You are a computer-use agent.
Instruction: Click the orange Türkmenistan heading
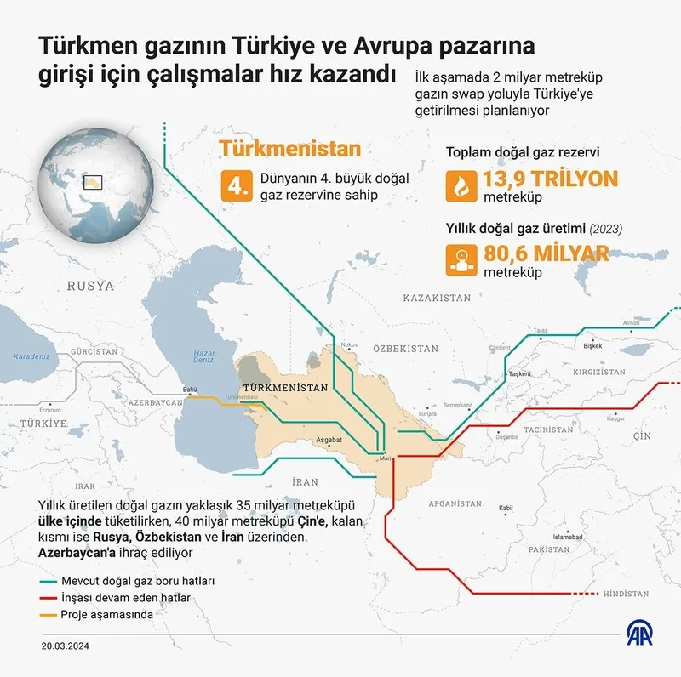[x=290, y=148]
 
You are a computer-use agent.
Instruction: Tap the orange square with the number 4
[x=236, y=186]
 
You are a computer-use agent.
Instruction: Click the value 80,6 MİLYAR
[x=546, y=253]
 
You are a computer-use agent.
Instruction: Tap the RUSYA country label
[x=90, y=286]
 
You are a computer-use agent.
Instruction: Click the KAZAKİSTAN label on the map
[x=437, y=299]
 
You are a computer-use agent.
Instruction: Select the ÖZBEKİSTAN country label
[x=405, y=349]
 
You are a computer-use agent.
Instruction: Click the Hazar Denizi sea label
[x=205, y=356]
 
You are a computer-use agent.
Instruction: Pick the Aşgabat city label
[x=329, y=440]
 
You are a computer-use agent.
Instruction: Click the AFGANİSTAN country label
[x=456, y=503]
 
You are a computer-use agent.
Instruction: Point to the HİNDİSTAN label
[x=625, y=595]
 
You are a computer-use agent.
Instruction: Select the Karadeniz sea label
[x=32, y=356]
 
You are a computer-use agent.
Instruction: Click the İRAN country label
[x=304, y=481]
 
